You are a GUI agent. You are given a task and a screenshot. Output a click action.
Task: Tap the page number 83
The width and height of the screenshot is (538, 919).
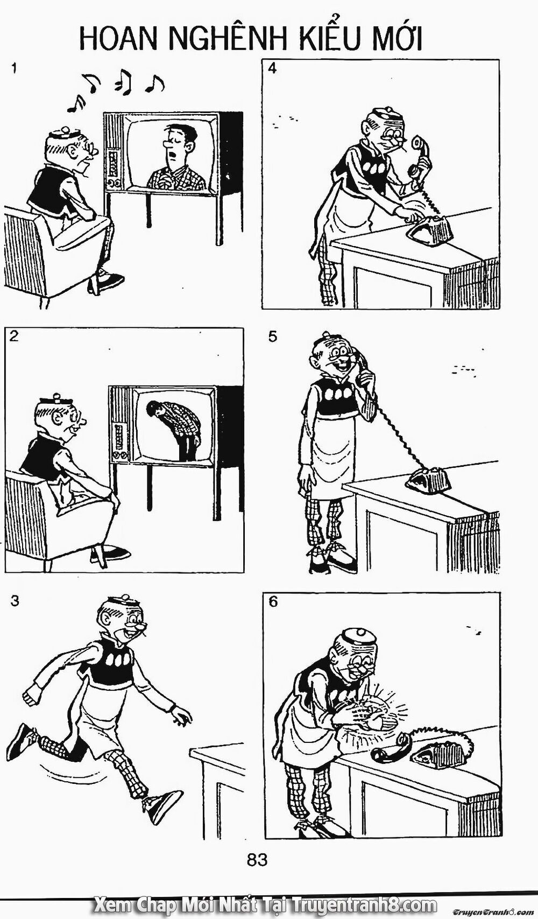click(x=257, y=860)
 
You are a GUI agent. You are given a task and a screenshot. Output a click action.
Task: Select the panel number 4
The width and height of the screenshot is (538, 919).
click(x=272, y=69)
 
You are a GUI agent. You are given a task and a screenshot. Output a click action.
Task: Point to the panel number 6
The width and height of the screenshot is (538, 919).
click(x=273, y=602)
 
